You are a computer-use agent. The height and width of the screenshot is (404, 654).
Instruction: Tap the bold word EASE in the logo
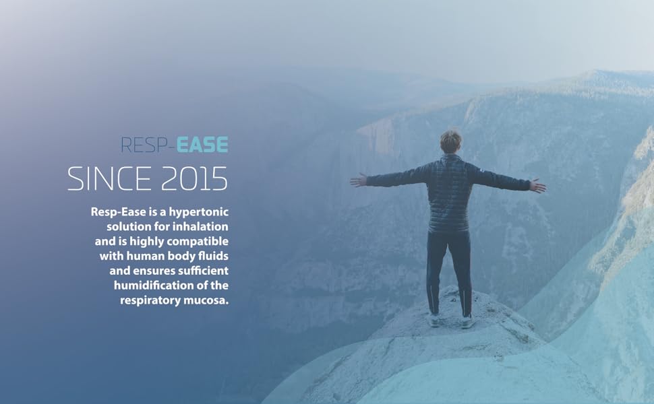(x=203, y=145)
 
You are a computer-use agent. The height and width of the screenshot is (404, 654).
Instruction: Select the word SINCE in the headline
(x=107, y=178)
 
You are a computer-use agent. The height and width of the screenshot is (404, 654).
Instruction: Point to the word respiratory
(x=150, y=300)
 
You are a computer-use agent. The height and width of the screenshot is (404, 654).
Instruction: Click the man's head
(x=450, y=141)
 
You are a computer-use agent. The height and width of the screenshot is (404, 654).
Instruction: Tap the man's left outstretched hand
(x=357, y=180)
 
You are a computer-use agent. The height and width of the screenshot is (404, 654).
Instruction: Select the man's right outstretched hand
(x=538, y=185)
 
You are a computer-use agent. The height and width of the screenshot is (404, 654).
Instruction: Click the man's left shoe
(x=434, y=321)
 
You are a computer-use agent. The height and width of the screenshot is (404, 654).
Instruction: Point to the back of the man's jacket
(x=450, y=192)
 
